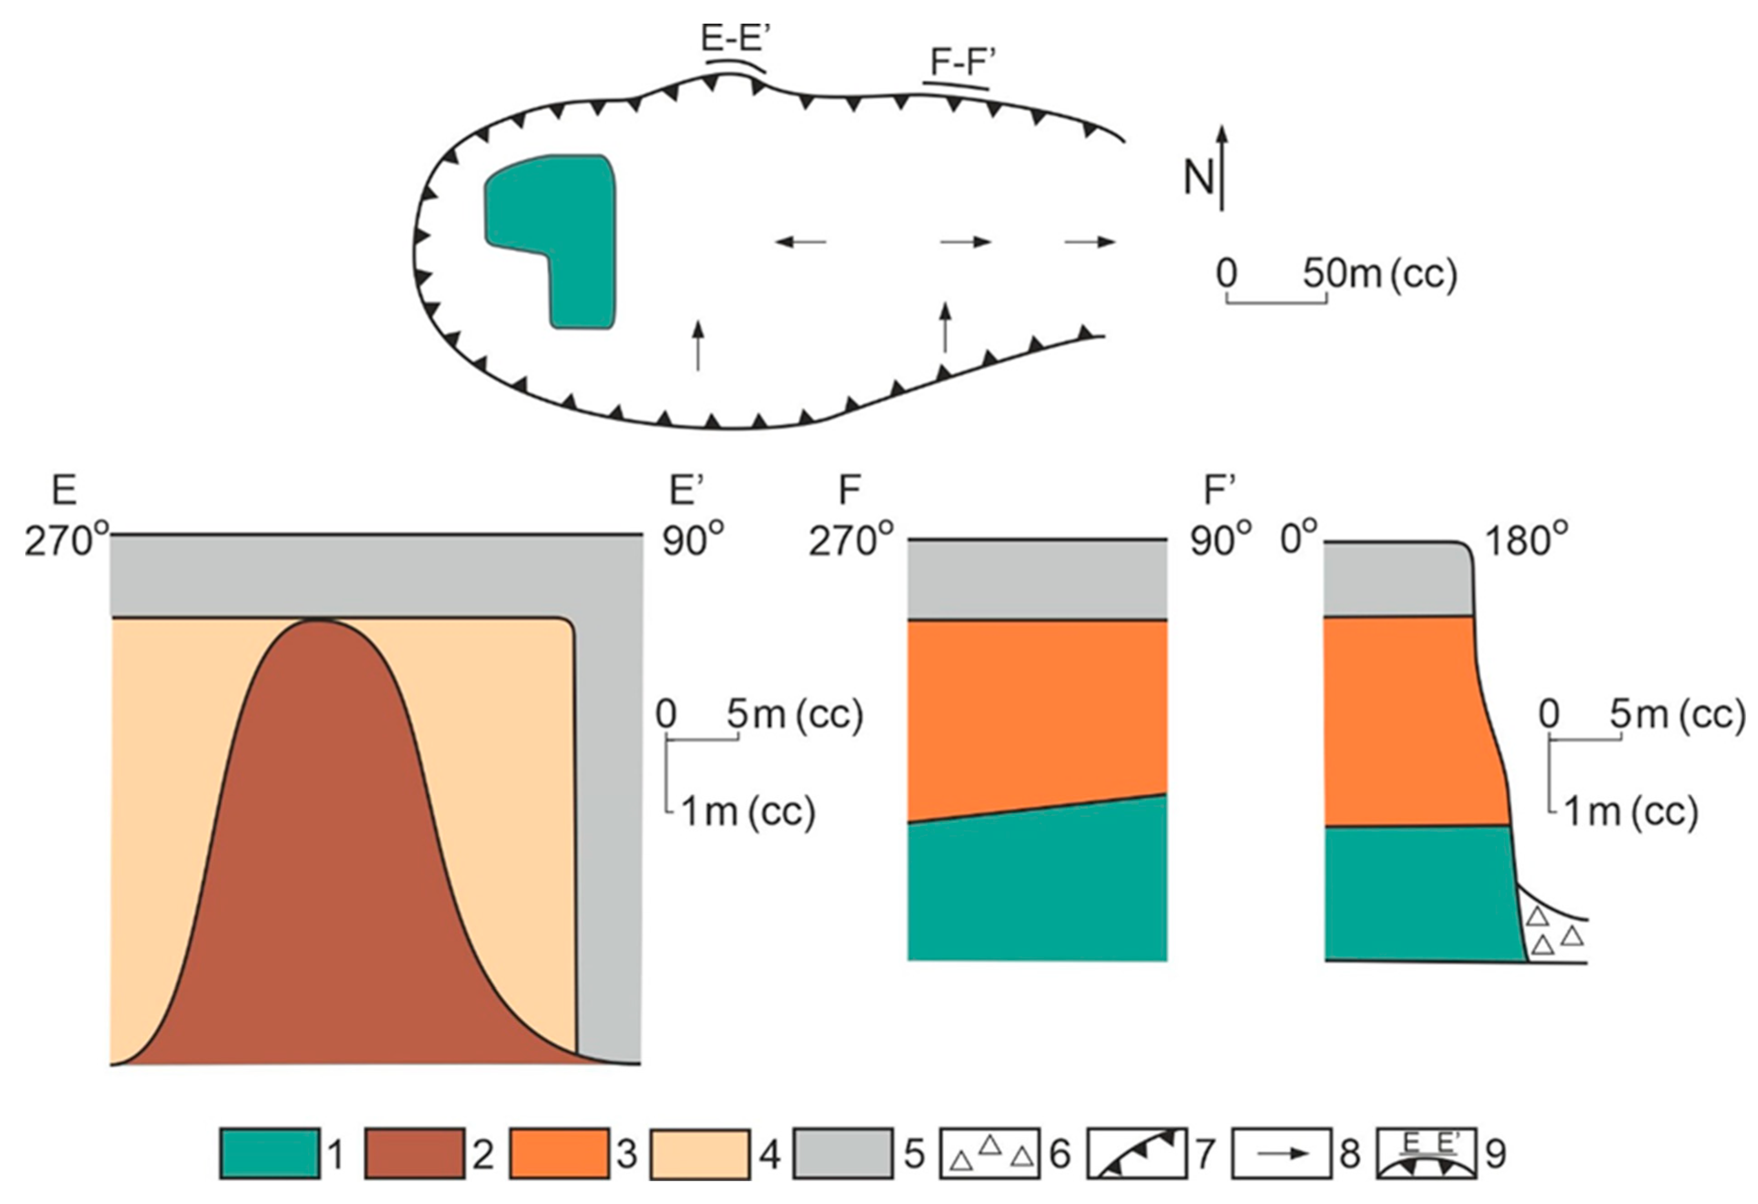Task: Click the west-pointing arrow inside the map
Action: [x=800, y=242]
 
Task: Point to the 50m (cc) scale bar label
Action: [x=1379, y=274]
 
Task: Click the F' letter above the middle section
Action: [x=1219, y=491]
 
